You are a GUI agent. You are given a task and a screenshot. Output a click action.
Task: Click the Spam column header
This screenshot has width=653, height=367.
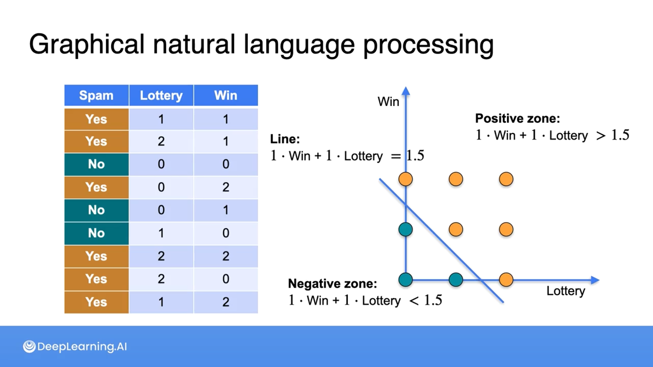(x=96, y=95)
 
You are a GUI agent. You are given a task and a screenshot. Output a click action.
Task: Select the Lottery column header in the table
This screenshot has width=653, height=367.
(x=161, y=95)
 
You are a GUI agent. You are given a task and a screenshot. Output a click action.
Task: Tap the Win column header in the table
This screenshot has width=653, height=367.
(x=225, y=95)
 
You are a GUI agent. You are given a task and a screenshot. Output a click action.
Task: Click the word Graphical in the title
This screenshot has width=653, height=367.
(x=87, y=45)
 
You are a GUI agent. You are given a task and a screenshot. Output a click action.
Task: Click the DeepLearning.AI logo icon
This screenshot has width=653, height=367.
(x=29, y=346)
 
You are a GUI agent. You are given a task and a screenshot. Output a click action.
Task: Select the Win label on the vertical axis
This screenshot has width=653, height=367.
(x=388, y=102)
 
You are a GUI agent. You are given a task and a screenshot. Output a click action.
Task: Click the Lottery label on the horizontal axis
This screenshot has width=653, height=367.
(x=566, y=291)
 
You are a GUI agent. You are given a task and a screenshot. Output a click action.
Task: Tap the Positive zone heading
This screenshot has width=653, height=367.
(x=517, y=118)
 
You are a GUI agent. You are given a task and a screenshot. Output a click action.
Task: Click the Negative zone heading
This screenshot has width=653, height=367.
(x=332, y=283)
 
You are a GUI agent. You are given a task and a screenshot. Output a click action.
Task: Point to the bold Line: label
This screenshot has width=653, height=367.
(x=285, y=139)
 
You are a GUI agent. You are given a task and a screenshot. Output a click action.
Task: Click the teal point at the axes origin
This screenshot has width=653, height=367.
(x=405, y=280)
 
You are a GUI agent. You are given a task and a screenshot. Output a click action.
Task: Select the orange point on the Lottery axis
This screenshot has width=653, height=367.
(x=506, y=280)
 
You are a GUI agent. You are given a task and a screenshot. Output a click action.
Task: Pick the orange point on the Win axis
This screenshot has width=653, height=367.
(x=405, y=179)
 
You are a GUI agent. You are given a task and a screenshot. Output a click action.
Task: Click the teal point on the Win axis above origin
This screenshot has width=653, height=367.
(x=405, y=229)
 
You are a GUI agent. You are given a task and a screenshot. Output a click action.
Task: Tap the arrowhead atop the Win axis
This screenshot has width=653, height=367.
(x=406, y=91)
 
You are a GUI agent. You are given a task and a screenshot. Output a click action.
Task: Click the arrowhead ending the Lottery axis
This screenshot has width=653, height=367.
(x=595, y=280)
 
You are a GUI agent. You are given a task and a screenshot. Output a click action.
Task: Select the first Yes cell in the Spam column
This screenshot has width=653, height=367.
(x=96, y=119)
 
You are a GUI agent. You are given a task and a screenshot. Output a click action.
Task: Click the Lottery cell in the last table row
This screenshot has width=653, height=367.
(x=161, y=302)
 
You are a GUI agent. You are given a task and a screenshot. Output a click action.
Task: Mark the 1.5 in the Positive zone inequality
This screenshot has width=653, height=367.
(x=620, y=135)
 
